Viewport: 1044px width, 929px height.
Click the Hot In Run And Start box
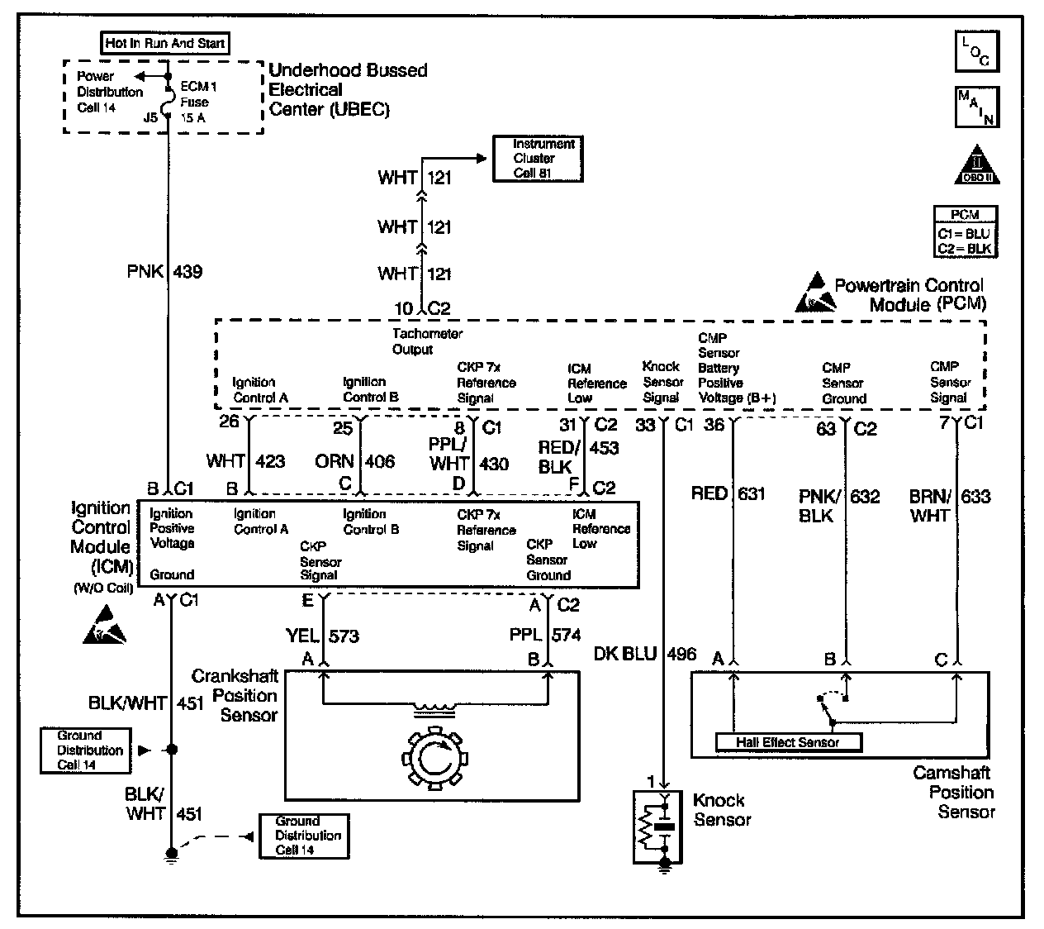click(165, 43)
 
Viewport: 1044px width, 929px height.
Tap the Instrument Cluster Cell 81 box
click(537, 158)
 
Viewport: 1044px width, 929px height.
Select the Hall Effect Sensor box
click(787, 742)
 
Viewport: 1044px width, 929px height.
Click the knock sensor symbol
click(654, 825)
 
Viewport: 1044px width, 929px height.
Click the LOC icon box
click(977, 52)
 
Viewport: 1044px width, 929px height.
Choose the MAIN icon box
click(977, 107)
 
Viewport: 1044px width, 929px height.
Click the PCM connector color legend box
click(965, 231)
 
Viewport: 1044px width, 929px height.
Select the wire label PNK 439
click(164, 271)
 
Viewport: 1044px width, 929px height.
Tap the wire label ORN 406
click(355, 461)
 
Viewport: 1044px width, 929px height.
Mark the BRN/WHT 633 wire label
click(950, 505)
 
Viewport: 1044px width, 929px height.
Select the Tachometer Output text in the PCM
click(427, 341)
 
